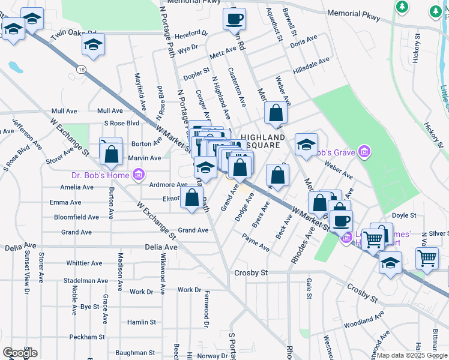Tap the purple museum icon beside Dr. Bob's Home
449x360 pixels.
click(139, 175)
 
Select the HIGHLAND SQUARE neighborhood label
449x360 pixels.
click(263, 142)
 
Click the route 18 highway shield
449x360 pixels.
click(80, 70)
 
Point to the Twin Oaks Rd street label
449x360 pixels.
click(74, 35)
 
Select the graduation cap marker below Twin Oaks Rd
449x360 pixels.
click(93, 45)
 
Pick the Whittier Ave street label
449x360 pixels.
click(86, 263)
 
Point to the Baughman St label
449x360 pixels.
click(136, 353)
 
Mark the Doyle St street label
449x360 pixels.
click(404, 215)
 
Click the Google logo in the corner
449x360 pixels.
click(20, 352)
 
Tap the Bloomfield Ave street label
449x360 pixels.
click(76, 217)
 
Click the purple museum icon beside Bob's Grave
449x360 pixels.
click(364, 150)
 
